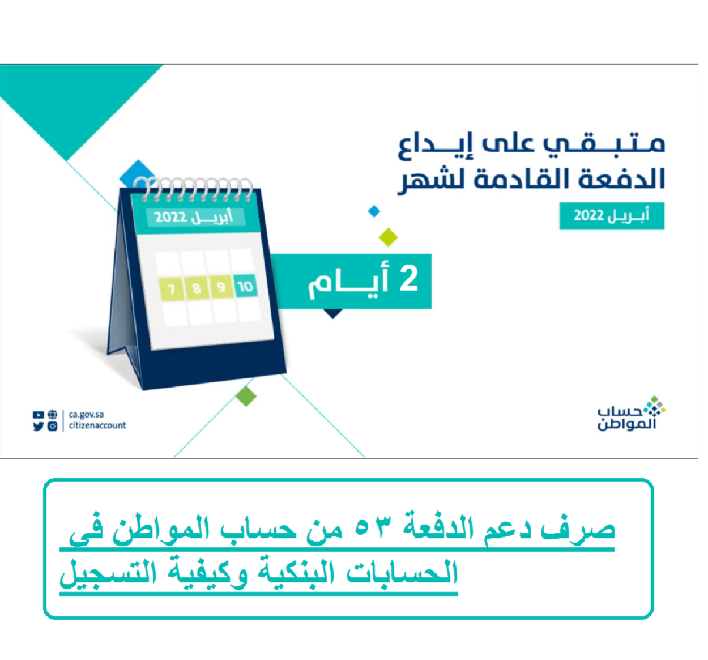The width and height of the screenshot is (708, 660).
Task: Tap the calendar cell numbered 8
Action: pos(197,288)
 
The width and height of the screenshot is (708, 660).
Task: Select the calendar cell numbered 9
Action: pos(221,287)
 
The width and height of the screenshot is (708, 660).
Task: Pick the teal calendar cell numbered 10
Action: pos(246,286)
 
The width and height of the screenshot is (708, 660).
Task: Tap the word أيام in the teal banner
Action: pos(348,283)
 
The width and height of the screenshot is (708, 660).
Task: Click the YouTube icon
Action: pos(38,415)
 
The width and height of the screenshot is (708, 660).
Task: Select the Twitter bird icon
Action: pos(38,427)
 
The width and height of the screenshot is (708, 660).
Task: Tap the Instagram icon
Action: pos(53,427)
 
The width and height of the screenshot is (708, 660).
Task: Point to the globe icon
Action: pos(53,414)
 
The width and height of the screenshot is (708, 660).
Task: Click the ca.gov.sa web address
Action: pos(86,415)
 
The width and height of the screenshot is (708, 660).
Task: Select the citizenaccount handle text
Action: pos(97,425)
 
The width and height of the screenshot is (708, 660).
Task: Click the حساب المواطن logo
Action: pos(632,413)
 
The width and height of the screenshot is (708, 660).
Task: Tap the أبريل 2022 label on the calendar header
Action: pos(194,217)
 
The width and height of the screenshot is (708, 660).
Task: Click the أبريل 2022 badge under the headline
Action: pos(612,216)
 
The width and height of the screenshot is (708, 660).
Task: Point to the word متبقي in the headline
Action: pos(604,144)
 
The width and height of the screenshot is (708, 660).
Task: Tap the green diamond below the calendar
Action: pos(246,396)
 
